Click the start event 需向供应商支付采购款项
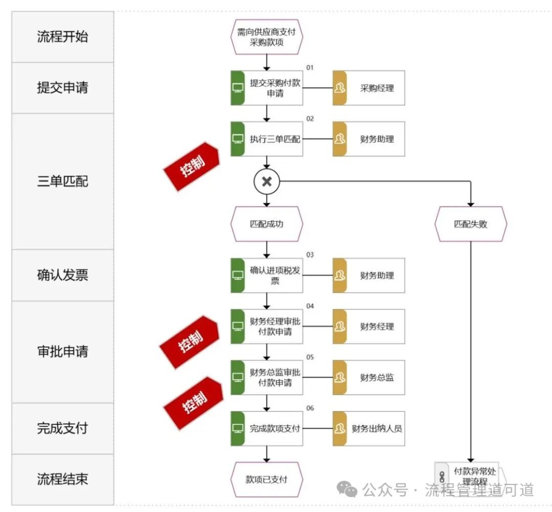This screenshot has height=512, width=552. tap(267, 37)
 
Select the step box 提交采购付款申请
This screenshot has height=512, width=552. tap(267, 88)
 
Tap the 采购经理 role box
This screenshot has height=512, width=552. tap(369, 88)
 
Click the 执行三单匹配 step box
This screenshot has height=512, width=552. tap(267, 139)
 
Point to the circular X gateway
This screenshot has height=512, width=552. tap(266, 181)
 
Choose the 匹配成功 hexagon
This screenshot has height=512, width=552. tap(267, 224)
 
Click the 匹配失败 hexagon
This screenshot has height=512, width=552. tap(471, 224)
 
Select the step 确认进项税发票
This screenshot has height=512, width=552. tap(267, 275)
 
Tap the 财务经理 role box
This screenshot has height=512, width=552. tap(369, 327)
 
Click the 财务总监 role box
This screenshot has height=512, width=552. tap(369, 378)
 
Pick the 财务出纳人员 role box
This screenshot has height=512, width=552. tap(369, 428)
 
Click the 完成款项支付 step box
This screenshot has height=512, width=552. tap(267, 428)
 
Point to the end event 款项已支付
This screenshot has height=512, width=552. tap(267, 479)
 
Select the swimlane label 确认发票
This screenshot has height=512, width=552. tap(62, 275)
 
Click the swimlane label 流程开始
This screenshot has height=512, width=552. tap(62, 37)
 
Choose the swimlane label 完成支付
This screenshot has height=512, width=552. tap(62, 428)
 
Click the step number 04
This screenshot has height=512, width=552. tap(310, 306)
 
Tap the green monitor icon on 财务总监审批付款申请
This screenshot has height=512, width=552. tap(238, 378)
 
